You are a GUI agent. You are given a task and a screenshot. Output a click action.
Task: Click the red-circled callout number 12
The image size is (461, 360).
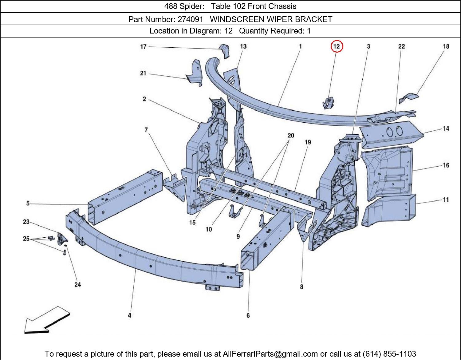click(x=337, y=46)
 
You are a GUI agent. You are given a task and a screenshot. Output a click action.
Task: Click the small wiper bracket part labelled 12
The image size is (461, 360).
click(x=328, y=103)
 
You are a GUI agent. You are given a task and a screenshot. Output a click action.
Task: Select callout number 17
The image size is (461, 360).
click(x=144, y=47)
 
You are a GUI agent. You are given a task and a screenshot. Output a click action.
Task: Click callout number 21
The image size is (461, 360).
click(x=143, y=73)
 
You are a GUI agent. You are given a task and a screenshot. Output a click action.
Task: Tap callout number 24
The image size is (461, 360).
click(x=78, y=285)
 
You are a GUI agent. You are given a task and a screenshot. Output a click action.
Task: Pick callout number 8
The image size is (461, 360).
click(x=301, y=287)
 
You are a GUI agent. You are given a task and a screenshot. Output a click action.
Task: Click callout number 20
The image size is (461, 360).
click(x=291, y=135)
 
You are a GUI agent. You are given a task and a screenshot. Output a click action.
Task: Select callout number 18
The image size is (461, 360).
click(x=446, y=46)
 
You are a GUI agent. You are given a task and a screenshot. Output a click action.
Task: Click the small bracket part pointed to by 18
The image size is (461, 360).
click(x=408, y=98)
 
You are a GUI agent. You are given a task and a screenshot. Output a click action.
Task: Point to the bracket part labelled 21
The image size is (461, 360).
click(x=195, y=73)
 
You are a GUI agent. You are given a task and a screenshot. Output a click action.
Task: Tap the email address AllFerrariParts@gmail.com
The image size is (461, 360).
click(x=270, y=354)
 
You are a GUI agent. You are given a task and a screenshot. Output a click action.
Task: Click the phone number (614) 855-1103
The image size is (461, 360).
click(x=389, y=354)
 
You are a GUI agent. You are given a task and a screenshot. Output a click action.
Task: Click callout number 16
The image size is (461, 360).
click(x=446, y=165)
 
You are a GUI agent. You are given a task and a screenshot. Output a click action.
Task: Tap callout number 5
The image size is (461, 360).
click(x=28, y=204)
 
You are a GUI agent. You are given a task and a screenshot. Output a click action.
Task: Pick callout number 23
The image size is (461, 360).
click(x=26, y=222)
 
